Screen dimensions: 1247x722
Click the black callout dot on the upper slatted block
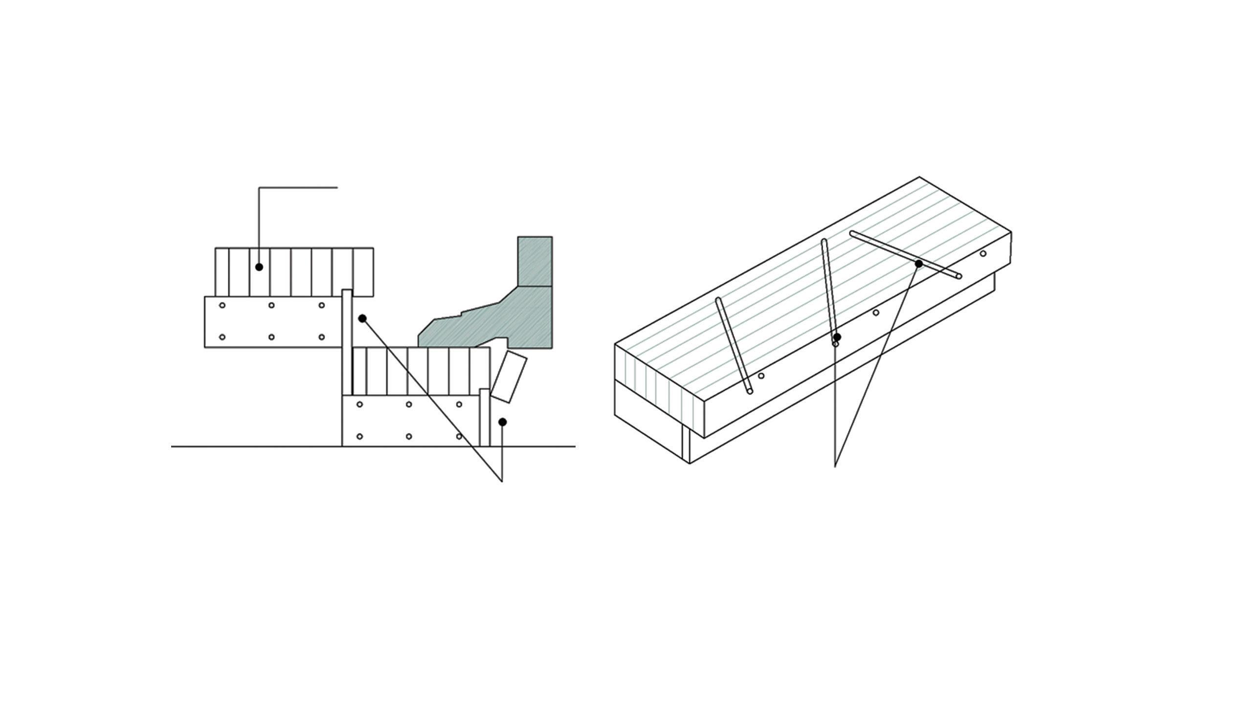coord(259,267)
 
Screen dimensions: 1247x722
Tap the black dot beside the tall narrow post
coord(362,318)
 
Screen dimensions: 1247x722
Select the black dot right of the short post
coord(502,422)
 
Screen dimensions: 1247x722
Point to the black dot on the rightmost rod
coord(918,264)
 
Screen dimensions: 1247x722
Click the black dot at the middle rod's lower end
coord(837,338)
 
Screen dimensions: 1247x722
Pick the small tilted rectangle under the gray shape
coord(509,377)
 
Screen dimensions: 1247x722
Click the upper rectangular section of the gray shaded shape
coord(534,261)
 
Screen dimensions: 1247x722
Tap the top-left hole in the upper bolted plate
coord(222,305)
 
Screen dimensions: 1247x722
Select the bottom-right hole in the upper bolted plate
coord(322,337)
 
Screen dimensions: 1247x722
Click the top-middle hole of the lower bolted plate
coord(409,405)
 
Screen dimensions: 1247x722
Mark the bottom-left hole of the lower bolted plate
coord(360,436)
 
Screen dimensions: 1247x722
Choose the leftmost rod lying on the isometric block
coord(734,345)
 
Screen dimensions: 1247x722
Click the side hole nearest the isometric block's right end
coord(983,254)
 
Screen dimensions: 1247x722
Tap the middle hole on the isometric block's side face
coord(876,313)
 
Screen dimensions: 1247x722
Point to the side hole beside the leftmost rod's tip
coord(761,376)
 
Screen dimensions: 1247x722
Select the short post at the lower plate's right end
coord(484,418)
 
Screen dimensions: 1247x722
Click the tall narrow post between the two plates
coord(347,341)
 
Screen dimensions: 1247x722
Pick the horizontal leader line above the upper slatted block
coord(298,187)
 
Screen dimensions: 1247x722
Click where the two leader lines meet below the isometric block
coord(835,466)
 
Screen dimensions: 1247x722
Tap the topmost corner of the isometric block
coord(919,177)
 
